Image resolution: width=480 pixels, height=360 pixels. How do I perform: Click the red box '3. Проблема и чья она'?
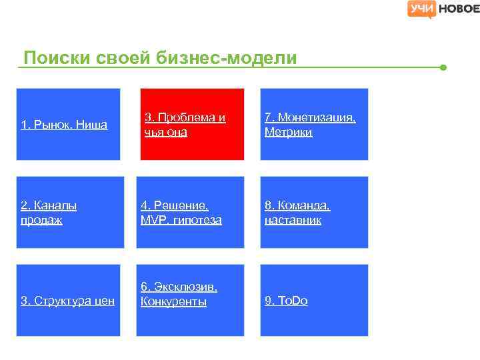pos(192,124)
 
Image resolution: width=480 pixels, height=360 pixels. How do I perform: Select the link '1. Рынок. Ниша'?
pos(64,125)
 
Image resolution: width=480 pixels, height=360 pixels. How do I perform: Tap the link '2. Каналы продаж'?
pos(49,213)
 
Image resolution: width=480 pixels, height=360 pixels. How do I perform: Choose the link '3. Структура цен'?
pos(67,301)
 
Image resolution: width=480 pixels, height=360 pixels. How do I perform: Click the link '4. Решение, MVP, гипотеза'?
pos(182,213)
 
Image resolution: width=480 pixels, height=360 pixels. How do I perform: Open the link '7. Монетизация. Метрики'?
pos(310,125)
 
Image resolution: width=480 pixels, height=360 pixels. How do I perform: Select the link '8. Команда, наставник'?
pos(297,213)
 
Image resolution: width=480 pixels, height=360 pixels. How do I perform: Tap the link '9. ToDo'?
pos(286,301)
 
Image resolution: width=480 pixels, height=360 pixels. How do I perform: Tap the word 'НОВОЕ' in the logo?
pos(459,9)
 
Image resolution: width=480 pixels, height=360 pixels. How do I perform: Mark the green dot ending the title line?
pos(443,67)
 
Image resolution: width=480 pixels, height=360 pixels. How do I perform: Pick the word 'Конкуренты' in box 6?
pos(173,302)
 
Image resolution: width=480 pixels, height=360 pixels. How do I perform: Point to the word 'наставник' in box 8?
pos(293,220)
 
